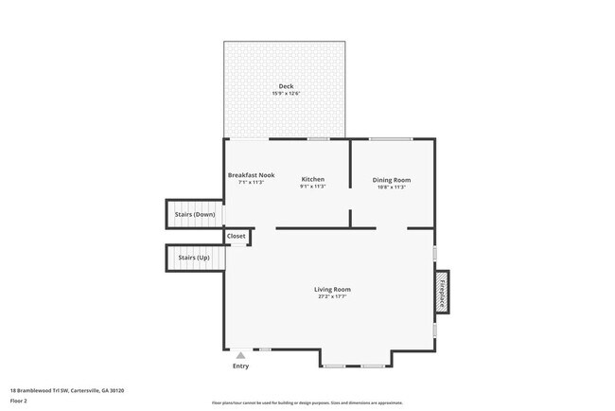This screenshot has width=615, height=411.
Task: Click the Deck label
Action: coord(285,86)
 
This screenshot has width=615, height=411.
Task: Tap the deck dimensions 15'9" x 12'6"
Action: coord(285,94)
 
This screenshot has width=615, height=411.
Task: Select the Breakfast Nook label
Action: coord(251,175)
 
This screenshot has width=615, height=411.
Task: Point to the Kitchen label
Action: coord(313,179)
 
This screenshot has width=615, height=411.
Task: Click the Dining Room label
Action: coord(391,179)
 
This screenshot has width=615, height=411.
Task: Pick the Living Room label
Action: coord(332,289)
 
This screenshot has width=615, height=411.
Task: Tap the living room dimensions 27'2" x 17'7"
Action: coord(332,296)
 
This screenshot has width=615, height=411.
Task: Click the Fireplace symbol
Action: coord(442,292)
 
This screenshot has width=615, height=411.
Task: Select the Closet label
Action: coord(236,236)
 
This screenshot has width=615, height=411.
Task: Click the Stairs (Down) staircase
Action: coord(195,214)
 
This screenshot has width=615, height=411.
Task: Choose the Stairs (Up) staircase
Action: coord(195,257)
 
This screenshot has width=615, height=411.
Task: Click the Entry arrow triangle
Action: coord(240,355)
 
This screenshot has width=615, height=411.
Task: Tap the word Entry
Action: coord(240,366)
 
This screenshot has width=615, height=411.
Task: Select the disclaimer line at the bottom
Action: coord(307,402)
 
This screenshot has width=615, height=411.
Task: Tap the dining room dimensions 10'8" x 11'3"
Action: coord(391,187)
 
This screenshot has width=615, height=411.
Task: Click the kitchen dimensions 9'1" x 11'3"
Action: coord(313,187)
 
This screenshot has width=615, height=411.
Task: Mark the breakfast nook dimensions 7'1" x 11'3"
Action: coord(251,182)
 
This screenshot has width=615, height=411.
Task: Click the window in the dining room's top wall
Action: coord(390,139)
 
